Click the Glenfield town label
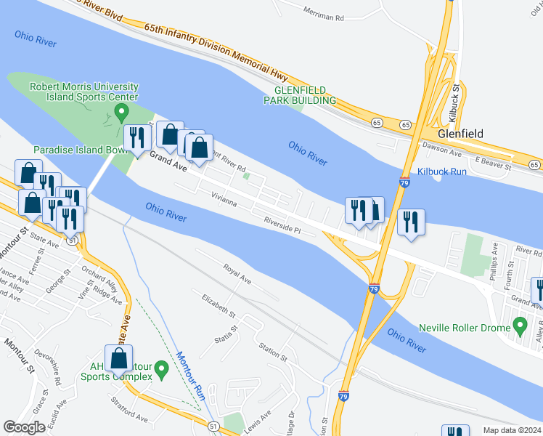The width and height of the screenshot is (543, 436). (x=460, y=134)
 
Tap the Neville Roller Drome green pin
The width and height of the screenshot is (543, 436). (x=520, y=324)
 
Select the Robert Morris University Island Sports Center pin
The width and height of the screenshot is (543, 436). (x=122, y=113)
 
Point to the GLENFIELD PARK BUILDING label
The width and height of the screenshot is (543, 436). (x=299, y=94)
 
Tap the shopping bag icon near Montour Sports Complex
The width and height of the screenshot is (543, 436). (x=118, y=358)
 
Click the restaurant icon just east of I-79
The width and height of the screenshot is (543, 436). (x=411, y=223)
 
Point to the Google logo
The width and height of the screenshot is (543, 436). (x=25, y=427)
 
